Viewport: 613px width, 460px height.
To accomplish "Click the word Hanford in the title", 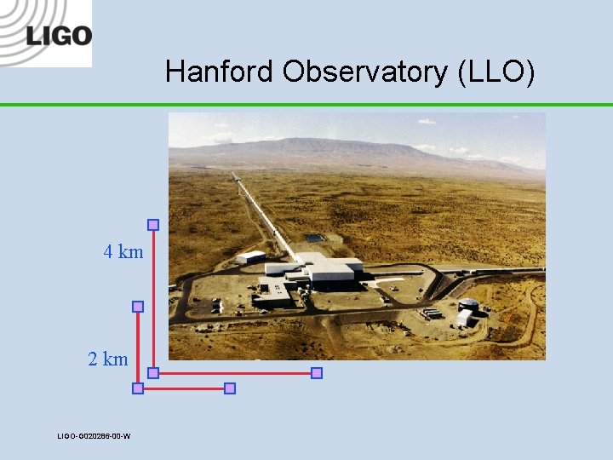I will pos(221,72).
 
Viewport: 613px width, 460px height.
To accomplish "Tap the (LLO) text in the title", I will pos(496,72).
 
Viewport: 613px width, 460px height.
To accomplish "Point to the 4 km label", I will pos(123,252).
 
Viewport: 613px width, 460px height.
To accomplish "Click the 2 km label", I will pos(108,359).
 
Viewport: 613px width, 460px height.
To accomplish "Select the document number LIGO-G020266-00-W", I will pos(94,436).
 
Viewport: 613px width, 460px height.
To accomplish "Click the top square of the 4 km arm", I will pos(153,225).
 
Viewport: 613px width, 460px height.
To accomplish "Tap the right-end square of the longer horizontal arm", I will pos(317,373).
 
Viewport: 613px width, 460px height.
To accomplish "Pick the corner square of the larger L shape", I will pos(153,373).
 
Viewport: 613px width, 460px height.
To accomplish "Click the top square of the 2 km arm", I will pos(138,307).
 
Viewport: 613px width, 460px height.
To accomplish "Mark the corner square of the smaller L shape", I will pos(138,388).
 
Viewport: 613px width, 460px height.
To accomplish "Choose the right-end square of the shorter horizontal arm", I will pos(229,388).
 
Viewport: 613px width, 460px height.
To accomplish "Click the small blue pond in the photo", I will pos(314,238).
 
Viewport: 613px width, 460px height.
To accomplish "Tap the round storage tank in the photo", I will pos(468,305).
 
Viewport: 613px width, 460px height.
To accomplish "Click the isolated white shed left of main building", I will pos(250,256).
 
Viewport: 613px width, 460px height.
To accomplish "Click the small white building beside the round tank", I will pos(464,318).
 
